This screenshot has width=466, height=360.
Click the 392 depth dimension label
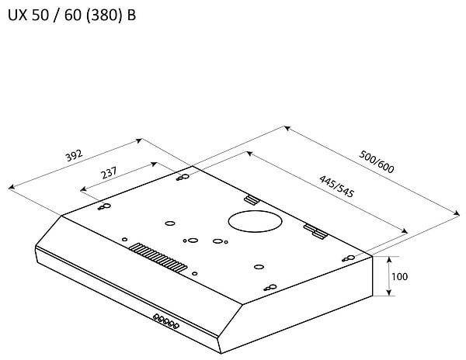[74, 155]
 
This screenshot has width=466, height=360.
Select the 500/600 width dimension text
[377, 162]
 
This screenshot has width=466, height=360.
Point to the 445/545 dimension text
[337, 187]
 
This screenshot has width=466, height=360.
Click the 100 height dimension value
[399, 277]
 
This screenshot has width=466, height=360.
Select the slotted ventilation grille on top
[158, 257]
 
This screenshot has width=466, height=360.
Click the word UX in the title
[16, 16]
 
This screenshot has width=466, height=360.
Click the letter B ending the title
[131, 16]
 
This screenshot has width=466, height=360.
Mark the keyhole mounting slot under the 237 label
[104, 206]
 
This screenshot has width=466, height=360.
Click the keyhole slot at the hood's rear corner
[183, 178]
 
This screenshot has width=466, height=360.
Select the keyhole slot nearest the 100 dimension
[349, 258]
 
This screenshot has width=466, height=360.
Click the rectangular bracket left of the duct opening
[250, 200]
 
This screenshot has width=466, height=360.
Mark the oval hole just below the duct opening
[219, 241]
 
